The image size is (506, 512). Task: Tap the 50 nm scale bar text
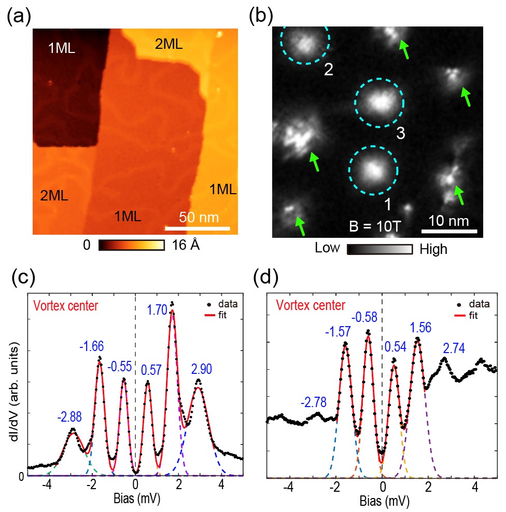point(199,217)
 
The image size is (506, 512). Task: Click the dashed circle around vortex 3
point(379,102)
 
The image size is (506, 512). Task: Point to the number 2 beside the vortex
point(328,69)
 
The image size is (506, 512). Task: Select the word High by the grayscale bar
point(433,249)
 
